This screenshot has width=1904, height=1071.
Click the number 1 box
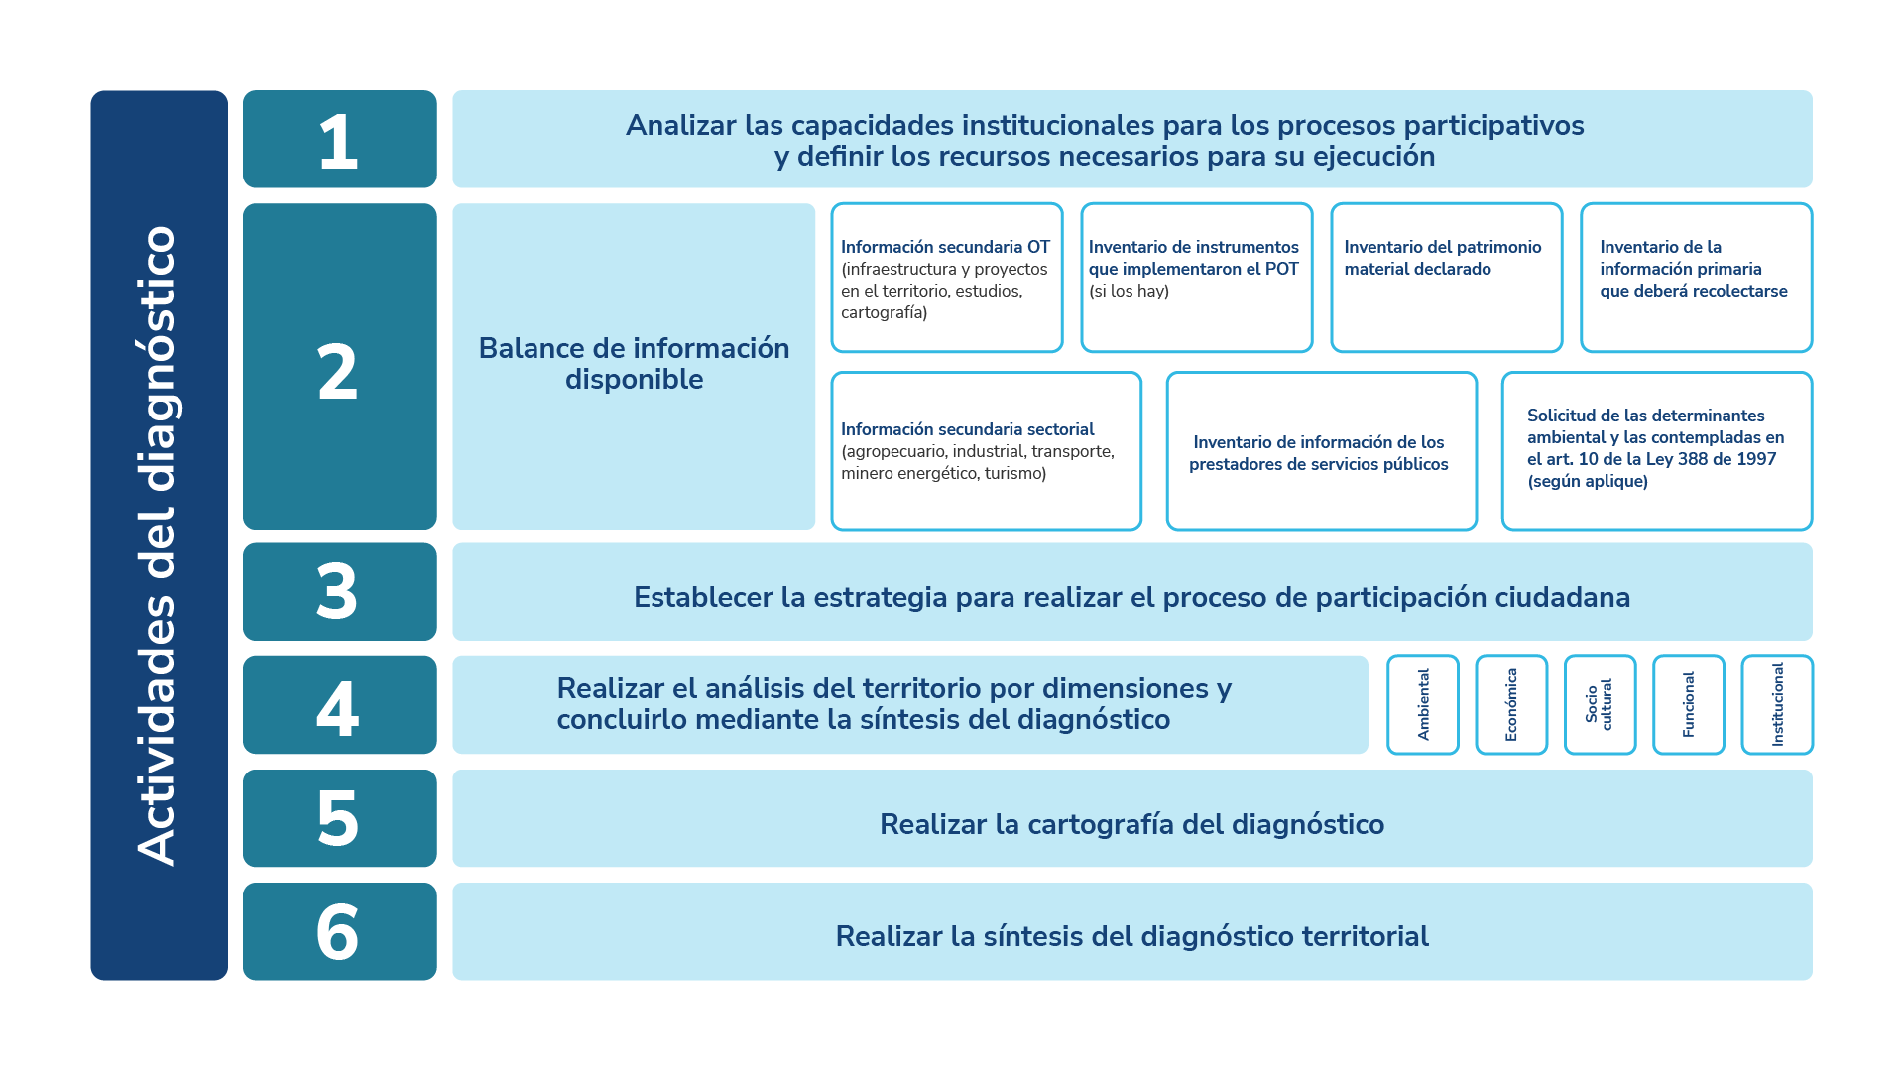339,140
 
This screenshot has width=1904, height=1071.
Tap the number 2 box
339,367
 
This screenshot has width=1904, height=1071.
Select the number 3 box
339,592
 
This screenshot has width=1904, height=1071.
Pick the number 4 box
339,705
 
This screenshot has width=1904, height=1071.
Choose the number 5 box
339,819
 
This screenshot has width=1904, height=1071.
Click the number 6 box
339,932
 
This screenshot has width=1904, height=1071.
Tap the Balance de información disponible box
634,365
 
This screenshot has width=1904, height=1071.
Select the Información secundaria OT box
946,278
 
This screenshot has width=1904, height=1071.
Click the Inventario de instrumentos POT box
1196,278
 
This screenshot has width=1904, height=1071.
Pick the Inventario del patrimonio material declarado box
1446,278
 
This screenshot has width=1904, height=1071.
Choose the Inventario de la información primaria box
1696,278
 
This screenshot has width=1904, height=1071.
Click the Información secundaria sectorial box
986,451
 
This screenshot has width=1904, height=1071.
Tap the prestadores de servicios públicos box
1321,451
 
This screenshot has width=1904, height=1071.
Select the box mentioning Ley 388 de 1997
1656,451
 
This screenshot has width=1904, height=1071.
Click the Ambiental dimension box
1423,705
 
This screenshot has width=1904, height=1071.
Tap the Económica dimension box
1511,705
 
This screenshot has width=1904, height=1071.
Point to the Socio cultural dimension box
1600,705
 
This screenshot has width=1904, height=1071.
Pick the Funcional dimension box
1689,705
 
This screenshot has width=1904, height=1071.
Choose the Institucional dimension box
1777,705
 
